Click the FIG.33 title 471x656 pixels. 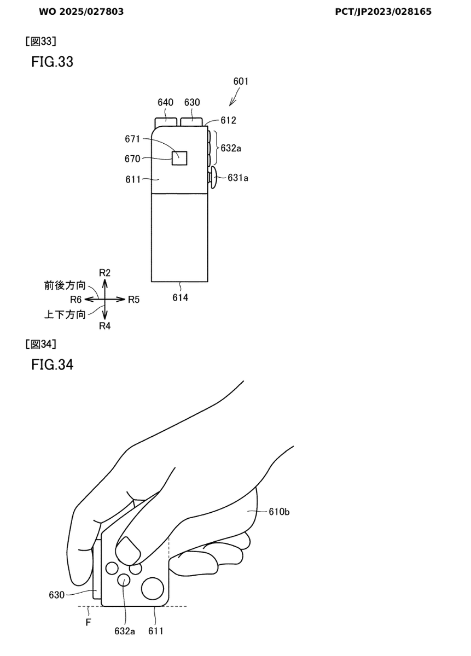coord(52,62)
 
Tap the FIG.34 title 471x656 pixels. coord(52,365)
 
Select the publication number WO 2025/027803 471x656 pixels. coord(81,11)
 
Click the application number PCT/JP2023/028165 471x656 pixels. coord(383,11)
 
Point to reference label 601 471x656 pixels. coord(241,81)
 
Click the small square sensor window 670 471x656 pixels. coord(179,158)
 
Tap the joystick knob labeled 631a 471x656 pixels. coord(213,178)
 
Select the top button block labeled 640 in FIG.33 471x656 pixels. coord(166,122)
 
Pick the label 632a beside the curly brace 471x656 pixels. coord(231,148)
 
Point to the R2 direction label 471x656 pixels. coord(104,273)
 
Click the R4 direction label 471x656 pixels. coord(104,326)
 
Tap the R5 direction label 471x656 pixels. coord(133,300)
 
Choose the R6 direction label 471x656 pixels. coord(75,300)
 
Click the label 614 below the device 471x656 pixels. coord(180,297)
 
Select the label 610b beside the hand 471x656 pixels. coord(279,512)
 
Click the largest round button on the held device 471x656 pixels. coord(153,588)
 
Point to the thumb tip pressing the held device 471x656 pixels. coord(128,552)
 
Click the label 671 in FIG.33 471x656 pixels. coord(132,139)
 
